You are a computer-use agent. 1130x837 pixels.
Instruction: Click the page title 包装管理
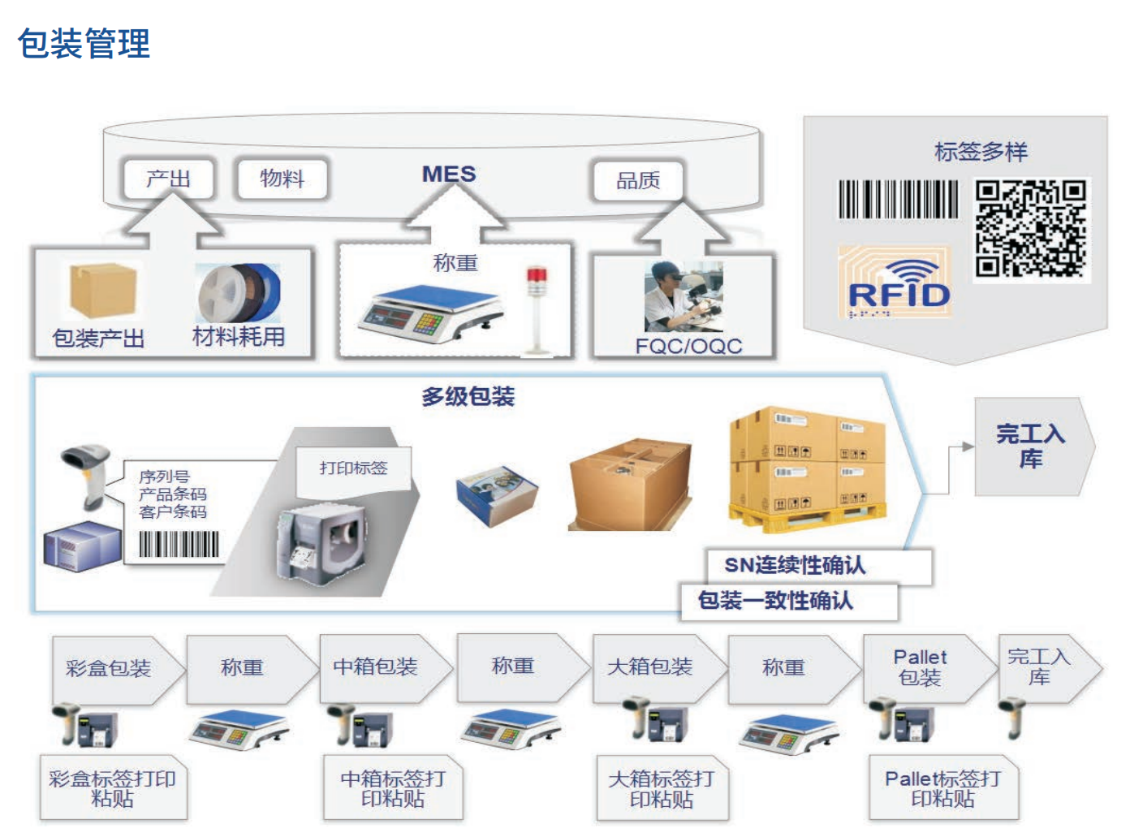(84, 44)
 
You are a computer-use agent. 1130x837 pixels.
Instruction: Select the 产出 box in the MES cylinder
(168, 179)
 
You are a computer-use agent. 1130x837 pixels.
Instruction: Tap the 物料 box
(282, 179)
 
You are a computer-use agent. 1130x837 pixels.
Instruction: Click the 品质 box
(638, 180)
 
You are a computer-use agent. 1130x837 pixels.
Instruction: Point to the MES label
(449, 174)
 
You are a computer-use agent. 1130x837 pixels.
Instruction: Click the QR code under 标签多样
(1030, 229)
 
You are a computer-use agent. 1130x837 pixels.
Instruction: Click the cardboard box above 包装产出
(102, 291)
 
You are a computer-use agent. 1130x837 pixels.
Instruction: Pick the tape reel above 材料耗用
(239, 292)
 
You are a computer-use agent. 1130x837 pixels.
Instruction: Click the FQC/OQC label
(688, 346)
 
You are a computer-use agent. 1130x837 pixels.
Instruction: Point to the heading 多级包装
(468, 397)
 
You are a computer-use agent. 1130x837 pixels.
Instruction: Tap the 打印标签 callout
(353, 468)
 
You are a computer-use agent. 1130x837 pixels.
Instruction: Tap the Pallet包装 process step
(921, 667)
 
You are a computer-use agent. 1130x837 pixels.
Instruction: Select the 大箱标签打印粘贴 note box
(662, 789)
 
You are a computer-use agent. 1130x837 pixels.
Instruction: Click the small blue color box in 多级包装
(497, 494)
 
